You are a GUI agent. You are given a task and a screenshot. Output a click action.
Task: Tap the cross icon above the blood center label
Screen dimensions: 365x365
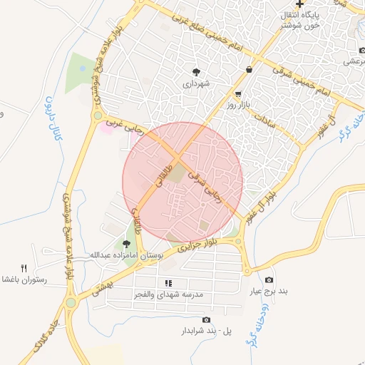300,4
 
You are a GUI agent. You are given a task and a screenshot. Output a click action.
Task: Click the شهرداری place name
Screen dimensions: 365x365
196,83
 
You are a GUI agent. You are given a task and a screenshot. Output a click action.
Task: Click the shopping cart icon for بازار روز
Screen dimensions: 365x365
238,93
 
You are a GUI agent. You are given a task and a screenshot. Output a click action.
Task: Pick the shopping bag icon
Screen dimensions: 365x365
248,69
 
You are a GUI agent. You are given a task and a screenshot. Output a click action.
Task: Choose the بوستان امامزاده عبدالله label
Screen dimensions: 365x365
126,254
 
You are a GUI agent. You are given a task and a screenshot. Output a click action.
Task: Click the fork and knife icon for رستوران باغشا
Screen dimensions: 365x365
24,268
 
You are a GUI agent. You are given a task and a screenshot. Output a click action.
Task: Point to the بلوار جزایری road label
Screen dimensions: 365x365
185,248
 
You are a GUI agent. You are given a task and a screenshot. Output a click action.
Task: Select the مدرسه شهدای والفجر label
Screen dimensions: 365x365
169,294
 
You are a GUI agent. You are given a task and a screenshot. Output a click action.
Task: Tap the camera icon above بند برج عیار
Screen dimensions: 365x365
269,279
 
